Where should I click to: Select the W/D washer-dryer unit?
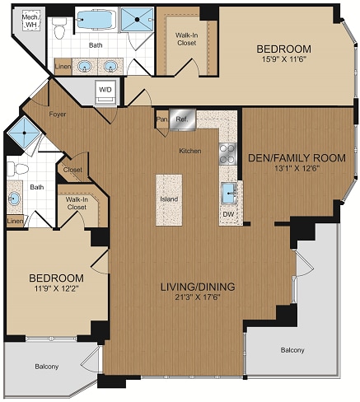(x=106, y=89)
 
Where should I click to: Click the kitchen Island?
(x=169, y=199)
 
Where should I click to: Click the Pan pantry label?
(x=161, y=119)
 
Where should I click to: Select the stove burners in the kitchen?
(x=227, y=153)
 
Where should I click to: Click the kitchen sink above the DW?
(x=228, y=193)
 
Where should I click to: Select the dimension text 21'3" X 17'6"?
(x=197, y=297)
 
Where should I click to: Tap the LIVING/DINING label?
(x=197, y=286)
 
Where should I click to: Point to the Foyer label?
(x=57, y=114)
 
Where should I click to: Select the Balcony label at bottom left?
(x=45, y=366)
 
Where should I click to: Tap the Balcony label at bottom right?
(x=291, y=350)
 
